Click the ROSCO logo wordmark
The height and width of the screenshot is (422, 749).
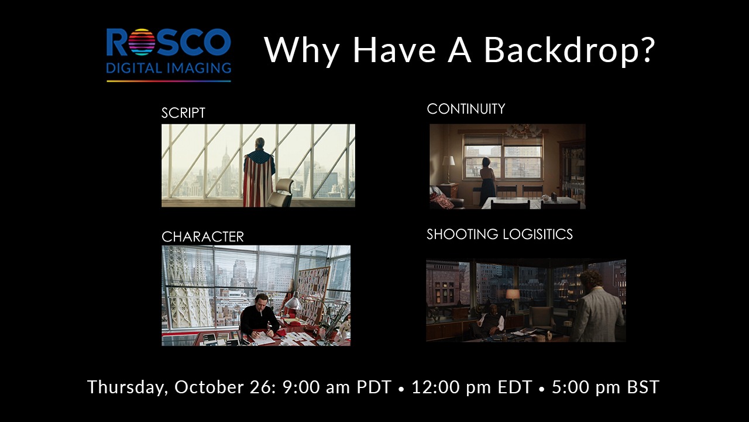pos(169,43)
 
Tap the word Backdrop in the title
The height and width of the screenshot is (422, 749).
pos(569,50)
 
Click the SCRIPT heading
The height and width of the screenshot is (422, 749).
pos(183,113)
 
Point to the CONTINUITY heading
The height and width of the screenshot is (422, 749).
pos(466,109)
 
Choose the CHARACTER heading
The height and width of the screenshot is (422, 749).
pos(202,237)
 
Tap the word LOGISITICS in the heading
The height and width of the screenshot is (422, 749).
pos(538,234)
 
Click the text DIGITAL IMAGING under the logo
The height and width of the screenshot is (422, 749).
pos(169,69)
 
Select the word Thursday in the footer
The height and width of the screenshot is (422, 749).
pos(127,387)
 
